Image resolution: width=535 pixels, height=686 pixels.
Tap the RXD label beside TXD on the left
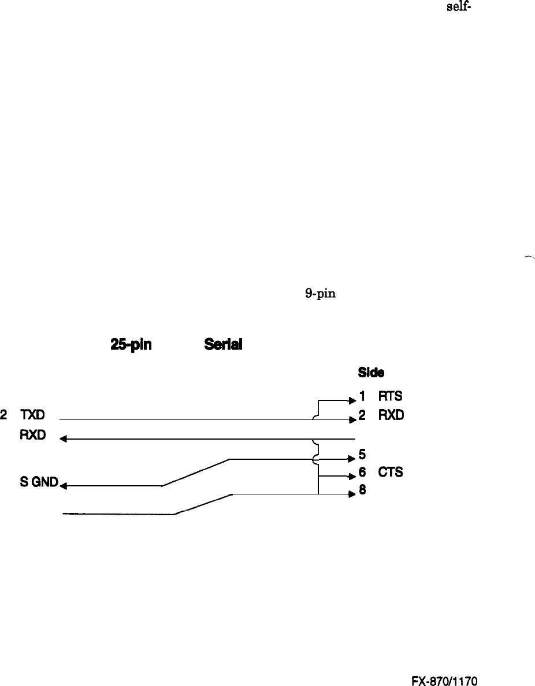33,434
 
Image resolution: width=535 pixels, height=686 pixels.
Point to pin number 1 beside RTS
362,396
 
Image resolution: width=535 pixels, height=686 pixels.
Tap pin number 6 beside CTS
362,473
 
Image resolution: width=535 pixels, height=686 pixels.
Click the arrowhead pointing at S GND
64,486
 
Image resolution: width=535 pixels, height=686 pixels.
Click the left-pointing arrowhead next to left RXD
64,439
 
